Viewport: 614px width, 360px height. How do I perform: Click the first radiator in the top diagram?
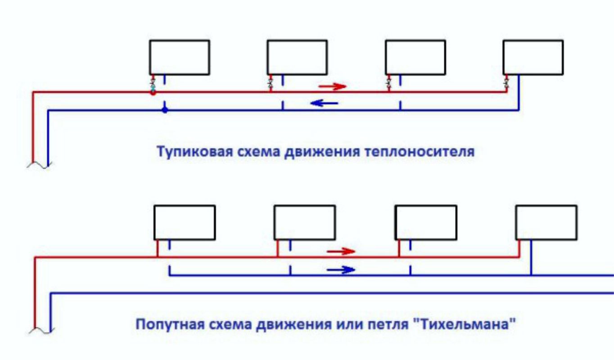[180, 57]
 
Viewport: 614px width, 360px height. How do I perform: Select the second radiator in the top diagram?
[297, 57]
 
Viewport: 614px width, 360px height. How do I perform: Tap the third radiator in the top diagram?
[415, 57]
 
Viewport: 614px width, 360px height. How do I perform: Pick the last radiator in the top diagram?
[533, 57]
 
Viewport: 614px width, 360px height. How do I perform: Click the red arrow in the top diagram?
[332, 85]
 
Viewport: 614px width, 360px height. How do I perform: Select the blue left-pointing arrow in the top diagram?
[325, 103]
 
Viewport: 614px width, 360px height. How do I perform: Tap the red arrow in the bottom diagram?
[341, 251]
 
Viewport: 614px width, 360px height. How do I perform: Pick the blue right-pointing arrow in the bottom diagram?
[341, 270]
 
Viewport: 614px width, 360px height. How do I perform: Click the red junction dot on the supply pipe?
[153, 93]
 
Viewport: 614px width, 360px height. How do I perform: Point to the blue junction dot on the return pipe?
[165, 110]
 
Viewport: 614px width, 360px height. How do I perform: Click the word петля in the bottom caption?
[401, 324]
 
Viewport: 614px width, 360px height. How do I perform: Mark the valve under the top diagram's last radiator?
[506, 83]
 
